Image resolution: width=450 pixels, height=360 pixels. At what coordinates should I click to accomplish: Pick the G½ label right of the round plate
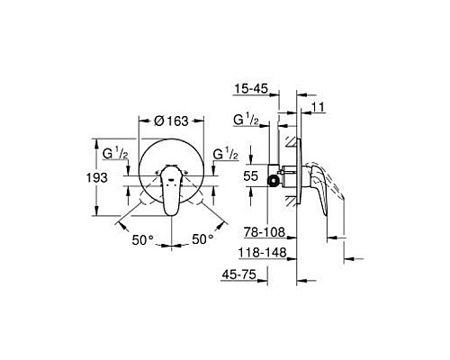(x=225, y=154)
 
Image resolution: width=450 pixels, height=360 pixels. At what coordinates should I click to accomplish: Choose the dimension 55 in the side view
(x=254, y=176)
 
